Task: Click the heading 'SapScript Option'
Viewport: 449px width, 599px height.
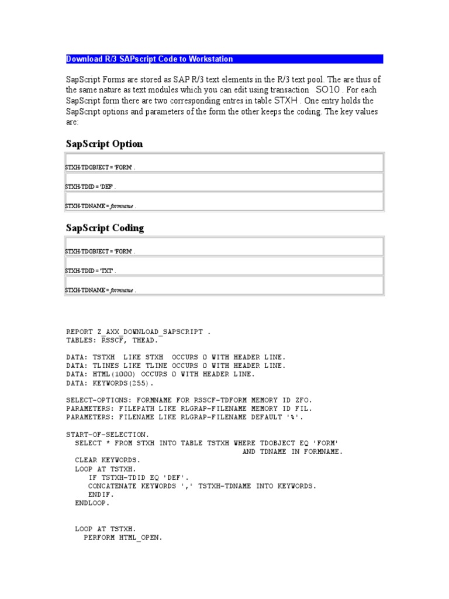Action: [x=104, y=144]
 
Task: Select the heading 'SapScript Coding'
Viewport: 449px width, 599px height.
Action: [x=105, y=228]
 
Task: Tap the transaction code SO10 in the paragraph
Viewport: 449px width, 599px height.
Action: [x=326, y=90]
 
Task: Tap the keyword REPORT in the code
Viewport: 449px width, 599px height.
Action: [x=80, y=332]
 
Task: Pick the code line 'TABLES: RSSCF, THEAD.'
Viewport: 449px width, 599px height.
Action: [x=112, y=340]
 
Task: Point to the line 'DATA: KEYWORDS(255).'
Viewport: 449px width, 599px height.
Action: [x=110, y=383]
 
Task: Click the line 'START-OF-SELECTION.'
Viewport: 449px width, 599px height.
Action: [x=108, y=434]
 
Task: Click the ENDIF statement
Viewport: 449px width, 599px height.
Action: [x=102, y=494]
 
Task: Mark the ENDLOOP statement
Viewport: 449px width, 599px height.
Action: [x=92, y=502]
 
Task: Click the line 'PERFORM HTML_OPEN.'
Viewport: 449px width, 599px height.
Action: [x=123, y=537]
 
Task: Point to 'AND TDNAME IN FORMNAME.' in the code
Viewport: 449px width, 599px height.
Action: [x=293, y=451]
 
